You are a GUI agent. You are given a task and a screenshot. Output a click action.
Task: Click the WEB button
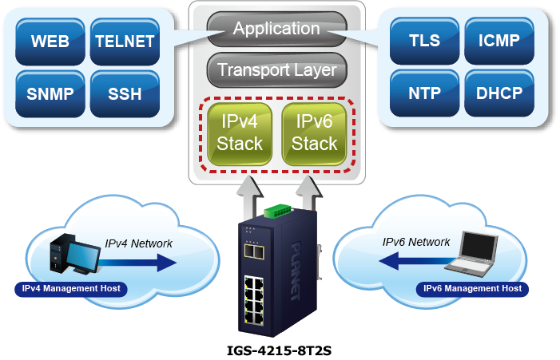[50, 41]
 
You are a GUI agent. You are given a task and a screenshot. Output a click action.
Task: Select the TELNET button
[124, 41]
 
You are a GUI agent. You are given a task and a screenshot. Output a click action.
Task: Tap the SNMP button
[50, 93]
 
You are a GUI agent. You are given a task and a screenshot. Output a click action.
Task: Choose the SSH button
[124, 93]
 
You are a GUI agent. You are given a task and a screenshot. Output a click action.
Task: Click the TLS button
[423, 41]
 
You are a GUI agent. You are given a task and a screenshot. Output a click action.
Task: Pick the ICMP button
[498, 41]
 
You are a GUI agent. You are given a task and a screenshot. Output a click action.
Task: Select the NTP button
[423, 93]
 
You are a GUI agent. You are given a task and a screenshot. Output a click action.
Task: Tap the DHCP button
[498, 93]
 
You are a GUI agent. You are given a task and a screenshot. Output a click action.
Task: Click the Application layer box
[276, 30]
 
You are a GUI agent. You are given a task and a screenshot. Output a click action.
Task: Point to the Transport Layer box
[276, 69]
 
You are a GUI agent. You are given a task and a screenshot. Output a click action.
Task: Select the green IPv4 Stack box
[240, 133]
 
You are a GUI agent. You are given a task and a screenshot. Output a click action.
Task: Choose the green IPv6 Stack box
[314, 133]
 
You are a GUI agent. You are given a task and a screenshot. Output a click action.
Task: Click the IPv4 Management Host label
[70, 288]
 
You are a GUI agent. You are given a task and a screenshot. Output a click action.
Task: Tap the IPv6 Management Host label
[472, 288]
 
